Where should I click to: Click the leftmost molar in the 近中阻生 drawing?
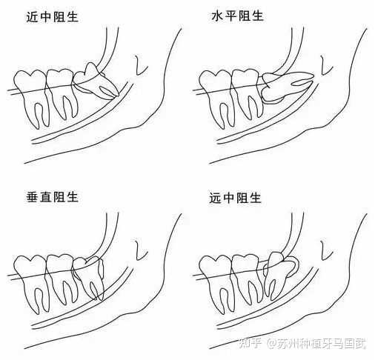[x=30, y=93]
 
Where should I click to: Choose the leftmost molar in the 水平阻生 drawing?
[x=216, y=93]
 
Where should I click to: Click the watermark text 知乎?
[x=253, y=344]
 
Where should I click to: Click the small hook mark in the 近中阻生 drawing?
[x=139, y=66]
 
